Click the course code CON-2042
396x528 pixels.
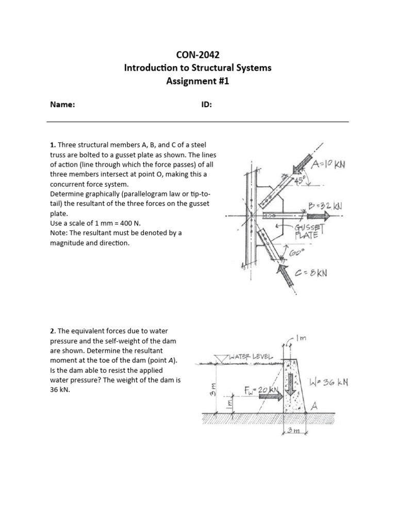(197, 55)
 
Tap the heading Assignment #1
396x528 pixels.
(197, 81)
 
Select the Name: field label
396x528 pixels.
(62, 105)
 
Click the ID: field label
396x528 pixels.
(206, 105)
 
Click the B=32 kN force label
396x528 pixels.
(325, 205)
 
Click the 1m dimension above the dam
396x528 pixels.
(300, 339)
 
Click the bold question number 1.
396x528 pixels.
(52, 146)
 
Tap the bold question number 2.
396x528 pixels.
(52, 331)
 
